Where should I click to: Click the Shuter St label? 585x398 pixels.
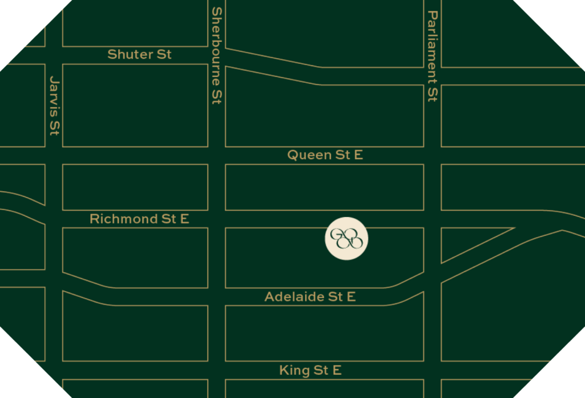coord(139,55)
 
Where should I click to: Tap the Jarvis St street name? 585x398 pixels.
coord(54,106)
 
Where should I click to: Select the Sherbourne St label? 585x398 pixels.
coord(217,55)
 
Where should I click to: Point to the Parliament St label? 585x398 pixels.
coord(432,56)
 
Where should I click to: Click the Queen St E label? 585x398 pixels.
coord(324,155)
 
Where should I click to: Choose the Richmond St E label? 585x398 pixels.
coord(139,219)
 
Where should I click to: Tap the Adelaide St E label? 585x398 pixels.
coord(310,297)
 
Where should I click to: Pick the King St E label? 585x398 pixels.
coord(310,371)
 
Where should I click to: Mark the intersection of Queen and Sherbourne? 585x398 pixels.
coord(217,155)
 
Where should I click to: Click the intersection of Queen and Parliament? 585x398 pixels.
coord(432,155)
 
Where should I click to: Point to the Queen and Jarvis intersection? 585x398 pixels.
coord(54,155)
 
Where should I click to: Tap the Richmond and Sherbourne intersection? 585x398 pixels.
coord(217,219)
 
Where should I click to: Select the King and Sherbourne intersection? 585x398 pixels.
coord(217,371)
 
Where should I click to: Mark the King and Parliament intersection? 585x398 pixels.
coord(432,371)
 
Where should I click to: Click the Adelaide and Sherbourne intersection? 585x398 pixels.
coord(217,297)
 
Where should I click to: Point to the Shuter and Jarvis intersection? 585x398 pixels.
coord(54,55)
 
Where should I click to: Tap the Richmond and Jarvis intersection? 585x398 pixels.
coord(54,219)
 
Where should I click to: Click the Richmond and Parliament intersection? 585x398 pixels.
coord(432,219)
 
